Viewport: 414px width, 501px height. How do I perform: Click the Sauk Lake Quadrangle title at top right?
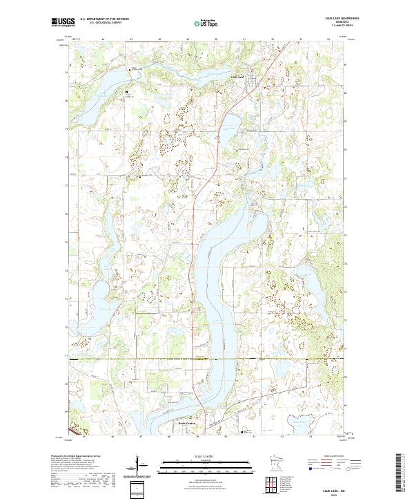click(x=338, y=18)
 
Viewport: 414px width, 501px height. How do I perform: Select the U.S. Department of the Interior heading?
click(x=104, y=19)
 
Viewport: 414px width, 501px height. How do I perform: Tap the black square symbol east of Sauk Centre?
click(x=241, y=432)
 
